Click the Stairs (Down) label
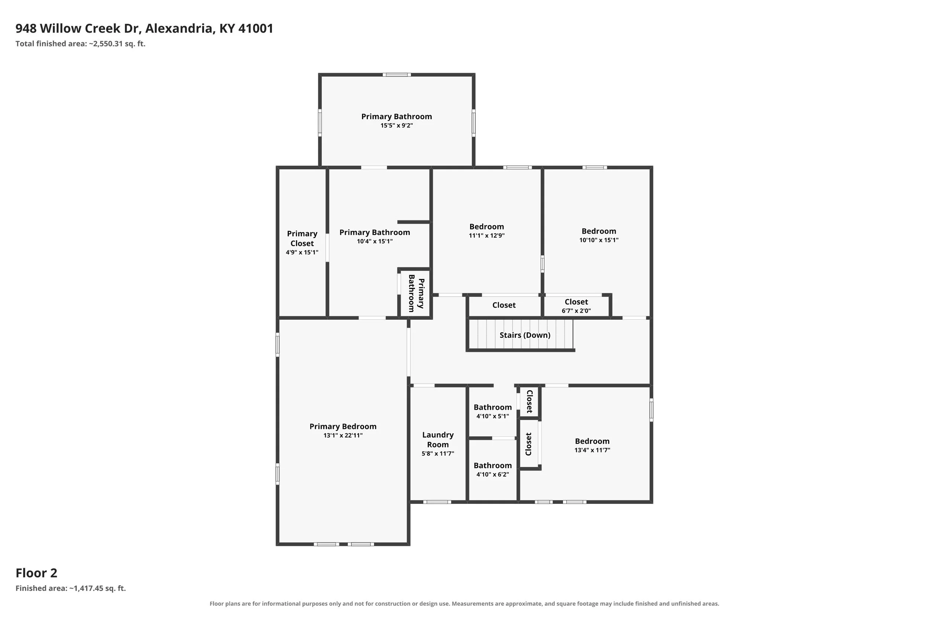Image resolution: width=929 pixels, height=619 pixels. click(525, 335)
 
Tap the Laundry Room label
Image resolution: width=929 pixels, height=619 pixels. click(438, 439)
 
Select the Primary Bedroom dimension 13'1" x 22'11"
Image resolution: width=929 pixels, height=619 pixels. click(343, 436)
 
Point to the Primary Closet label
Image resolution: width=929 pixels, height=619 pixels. click(302, 238)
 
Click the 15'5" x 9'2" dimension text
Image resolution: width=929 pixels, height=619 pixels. click(396, 126)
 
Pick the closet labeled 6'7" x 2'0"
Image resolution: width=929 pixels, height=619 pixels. click(576, 306)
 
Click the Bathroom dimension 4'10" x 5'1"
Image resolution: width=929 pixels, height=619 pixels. click(492, 416)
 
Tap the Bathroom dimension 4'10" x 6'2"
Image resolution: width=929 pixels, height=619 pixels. click(492, 475)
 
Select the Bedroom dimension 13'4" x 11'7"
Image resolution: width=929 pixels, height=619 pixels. click(592, 450)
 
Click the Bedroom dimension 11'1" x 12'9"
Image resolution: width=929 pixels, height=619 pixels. click(487, 236)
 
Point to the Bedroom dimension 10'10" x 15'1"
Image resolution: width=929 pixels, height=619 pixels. click(599, 240)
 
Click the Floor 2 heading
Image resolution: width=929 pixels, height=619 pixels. click(36, 573)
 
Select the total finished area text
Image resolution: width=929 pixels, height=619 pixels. click(81, 44)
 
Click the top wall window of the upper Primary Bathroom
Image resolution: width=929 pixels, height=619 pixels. click(396, 75)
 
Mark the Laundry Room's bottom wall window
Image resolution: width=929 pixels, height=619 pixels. click(437, 502)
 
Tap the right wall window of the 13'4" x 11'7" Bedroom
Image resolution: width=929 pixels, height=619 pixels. click(651, 410)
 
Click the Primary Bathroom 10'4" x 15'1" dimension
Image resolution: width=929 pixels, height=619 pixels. click(375, 242)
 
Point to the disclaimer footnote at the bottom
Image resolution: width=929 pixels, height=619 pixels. click(464, 604)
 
